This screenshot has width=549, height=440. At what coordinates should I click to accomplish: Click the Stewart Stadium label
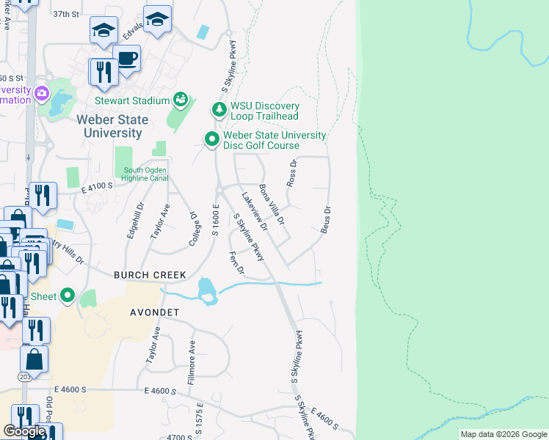coord(132,100)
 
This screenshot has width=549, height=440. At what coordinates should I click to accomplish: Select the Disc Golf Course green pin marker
coord(212,139)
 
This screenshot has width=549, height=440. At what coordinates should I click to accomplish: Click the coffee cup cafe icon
coord(127,59)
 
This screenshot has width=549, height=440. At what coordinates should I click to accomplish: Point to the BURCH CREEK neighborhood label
coord(150,275)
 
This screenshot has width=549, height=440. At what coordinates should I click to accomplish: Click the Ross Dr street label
coord(291,173)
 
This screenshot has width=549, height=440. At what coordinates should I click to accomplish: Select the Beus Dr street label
coord(326,220)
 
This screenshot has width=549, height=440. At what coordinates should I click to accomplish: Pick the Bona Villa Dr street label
coord(272,207)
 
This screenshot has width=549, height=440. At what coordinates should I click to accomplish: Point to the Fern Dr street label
coord(236,264)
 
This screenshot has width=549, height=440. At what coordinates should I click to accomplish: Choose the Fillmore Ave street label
coord(192,364)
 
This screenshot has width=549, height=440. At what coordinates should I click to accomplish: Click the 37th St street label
coord(66,14)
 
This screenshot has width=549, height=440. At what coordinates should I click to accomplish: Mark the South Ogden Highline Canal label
coord(146,174)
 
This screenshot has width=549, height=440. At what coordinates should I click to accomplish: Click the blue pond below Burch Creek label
coord(206,291)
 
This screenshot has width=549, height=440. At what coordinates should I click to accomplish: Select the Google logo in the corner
coord(24,431)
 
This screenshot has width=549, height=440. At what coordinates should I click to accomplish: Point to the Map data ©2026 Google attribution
coord(503,434)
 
